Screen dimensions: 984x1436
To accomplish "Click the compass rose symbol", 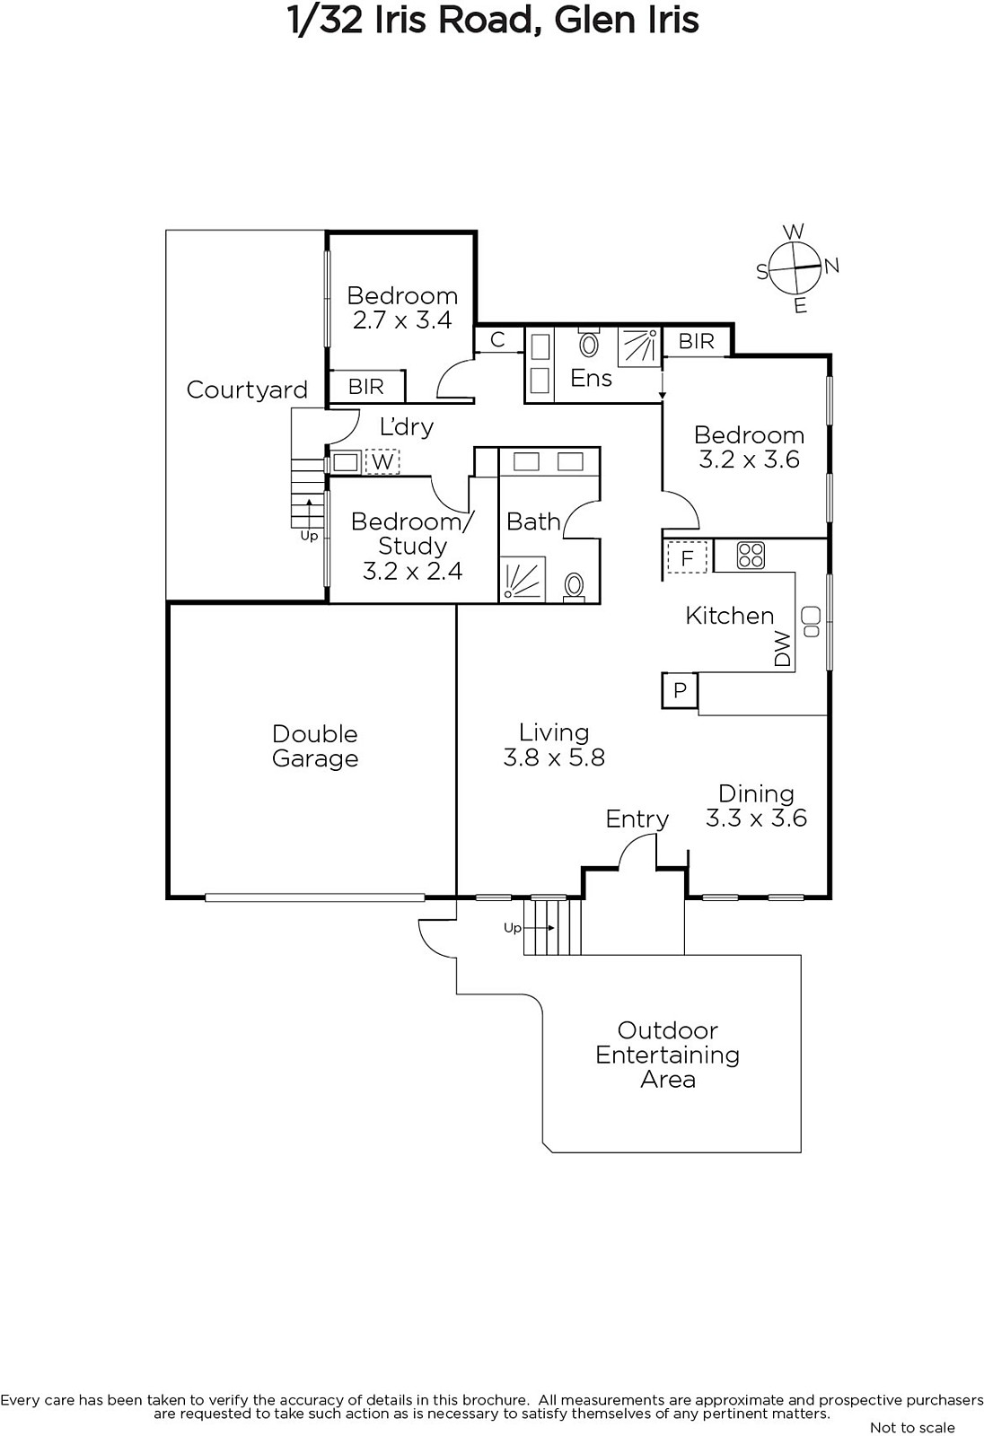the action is pos(795,267).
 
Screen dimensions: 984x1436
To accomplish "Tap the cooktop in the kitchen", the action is pos(751,556).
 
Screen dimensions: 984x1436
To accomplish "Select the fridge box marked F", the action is pos(687,557).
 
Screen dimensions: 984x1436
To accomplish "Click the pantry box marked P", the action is pos(680,690).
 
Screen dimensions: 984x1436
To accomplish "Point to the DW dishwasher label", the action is pos(783,648).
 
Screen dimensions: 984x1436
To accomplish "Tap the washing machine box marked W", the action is pos(382,461).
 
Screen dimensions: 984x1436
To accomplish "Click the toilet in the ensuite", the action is pos(588,343).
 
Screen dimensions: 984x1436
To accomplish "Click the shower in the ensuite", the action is pos(639,347).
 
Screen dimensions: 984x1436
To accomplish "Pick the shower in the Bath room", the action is pos(523,580).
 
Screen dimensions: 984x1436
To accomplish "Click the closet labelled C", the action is pos(497,339).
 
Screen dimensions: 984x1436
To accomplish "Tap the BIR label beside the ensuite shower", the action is pos(697,341).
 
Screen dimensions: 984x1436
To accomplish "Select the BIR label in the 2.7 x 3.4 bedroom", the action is pos(366,387).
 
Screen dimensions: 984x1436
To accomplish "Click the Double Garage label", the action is pos(315,746).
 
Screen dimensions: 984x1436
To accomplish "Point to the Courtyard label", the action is pos(247,390).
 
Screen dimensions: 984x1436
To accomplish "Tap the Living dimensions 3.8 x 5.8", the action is pos(554,757).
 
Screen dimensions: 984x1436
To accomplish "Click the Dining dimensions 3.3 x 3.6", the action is pos(756,819).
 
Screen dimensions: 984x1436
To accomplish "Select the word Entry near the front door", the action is pos(637,819).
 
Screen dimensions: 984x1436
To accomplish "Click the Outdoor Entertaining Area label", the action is pos(668,1055).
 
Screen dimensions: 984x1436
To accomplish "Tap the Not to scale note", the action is pos(912,1427).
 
